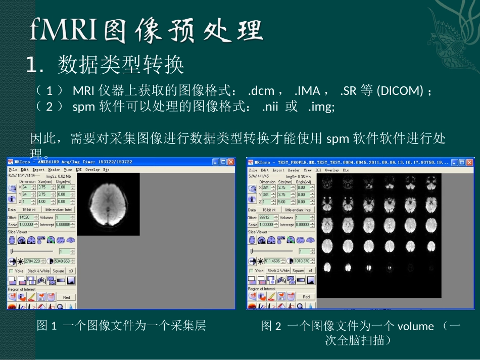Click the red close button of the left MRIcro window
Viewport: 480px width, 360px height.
pos(231,162)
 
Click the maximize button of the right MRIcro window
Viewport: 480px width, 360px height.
pos(462,163)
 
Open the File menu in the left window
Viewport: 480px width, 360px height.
pos(13,170)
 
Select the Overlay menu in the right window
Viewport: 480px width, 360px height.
pos(331,170)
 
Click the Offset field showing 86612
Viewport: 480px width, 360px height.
pos(266,218)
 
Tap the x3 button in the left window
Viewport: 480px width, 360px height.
pos(71,271)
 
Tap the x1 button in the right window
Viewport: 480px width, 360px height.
pos(310,271)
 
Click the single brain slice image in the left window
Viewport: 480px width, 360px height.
pos(109,204)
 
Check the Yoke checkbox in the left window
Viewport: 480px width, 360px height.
pos(11,271)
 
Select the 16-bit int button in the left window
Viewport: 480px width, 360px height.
pos(29,210)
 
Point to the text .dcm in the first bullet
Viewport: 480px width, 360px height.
pos(261,91)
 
